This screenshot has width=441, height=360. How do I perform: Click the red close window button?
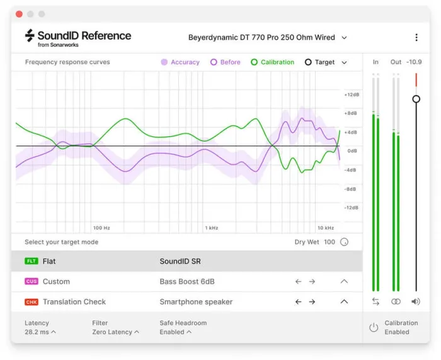pyautogui.click(x=19, y=14)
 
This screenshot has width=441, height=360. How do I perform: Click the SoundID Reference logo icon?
pyautogui.click(x=30, y=37)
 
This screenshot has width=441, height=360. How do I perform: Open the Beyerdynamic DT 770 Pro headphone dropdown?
pyautogui.click(x=268, y=38)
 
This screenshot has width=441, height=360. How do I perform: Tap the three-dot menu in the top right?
pyautogui.click(x=416, y=38)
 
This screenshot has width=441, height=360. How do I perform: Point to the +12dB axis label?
pyautogui.click(x=350, y=94)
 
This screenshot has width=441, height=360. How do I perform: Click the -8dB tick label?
pyautogui.click(x=350, y=189)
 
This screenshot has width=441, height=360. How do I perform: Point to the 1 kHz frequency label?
pyautogui.click(x=212, y=228)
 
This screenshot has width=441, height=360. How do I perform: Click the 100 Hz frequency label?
pyautogui.click(x=101, y=228)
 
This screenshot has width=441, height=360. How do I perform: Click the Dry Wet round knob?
pyautogui.click(x=344, y=242)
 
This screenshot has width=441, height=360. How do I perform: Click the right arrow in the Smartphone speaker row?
pyautogui.click(x=312, y=302)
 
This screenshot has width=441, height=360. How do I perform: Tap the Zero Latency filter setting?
pyautogui.click(x=115, y=332)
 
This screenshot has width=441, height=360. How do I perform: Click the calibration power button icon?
pyautogui.click(x=374, y=327)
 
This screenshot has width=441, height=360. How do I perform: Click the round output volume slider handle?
pyautogui.click(x=416, y=99)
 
